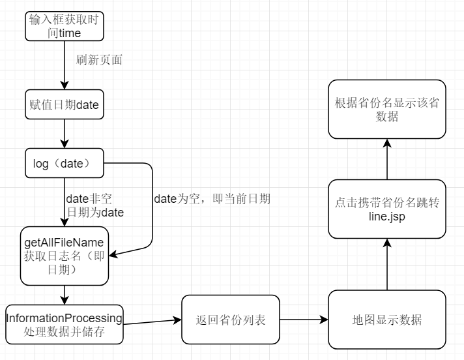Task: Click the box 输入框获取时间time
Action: pos(64,25)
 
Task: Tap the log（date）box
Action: pos(64,164)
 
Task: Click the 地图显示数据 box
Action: pos(387,320)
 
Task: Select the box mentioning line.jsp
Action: pos(387,210)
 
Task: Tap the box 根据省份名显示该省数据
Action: pos(387,110)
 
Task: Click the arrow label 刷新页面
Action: pos(99,59)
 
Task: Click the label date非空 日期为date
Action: pos(95,205)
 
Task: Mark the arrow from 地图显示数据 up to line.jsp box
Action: pos(387,264)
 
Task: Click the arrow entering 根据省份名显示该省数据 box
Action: pos(387,160)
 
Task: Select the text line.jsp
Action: pos(386,217)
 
